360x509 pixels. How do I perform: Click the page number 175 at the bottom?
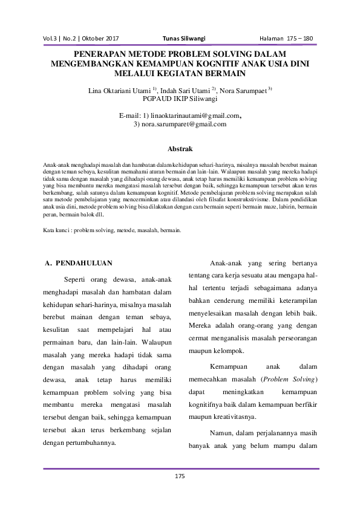click(179, 477)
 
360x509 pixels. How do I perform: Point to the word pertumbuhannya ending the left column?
click(88, 443)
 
